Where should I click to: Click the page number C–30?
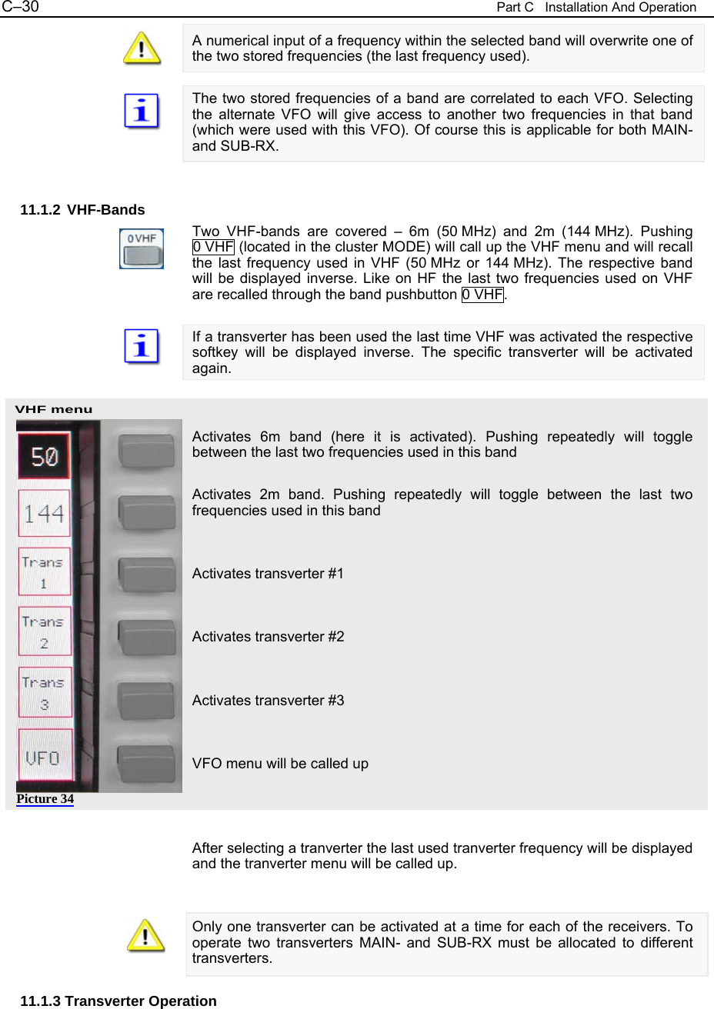(20, 8)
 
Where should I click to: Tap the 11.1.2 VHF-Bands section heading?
(82, 210)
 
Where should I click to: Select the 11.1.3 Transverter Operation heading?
(118, 1001)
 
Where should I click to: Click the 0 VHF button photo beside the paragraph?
(142, 248)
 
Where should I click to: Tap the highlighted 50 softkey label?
(44, 456)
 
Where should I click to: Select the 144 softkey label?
(44, 513)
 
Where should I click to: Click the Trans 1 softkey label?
(44, 572)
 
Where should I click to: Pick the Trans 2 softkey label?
(44, 631)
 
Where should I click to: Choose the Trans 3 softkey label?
(45, 692)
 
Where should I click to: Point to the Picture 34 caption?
(45, 799)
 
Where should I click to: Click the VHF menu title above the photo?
(54, 409)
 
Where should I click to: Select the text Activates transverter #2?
(268, 637)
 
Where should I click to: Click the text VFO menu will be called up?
(280, 764)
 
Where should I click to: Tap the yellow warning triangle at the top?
(142, 48)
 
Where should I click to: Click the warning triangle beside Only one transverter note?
(145, 935)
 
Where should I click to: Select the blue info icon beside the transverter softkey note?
(142, 346)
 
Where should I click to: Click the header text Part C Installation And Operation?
(596, 8)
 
